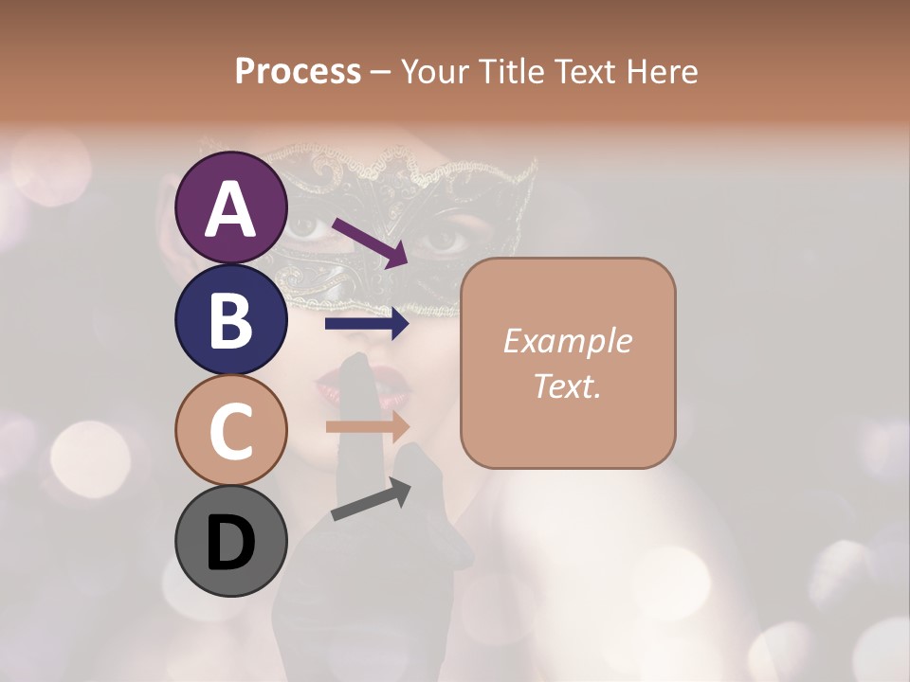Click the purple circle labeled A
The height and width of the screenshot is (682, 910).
230,207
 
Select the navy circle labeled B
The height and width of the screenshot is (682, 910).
230,318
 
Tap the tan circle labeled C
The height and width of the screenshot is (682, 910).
230,429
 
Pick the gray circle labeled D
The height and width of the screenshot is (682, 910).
230,541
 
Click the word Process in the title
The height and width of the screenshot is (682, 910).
298,72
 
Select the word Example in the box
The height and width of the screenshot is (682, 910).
568,341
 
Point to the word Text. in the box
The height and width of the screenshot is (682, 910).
568,386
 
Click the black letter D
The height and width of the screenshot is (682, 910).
230,544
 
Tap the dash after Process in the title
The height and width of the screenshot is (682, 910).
381,73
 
